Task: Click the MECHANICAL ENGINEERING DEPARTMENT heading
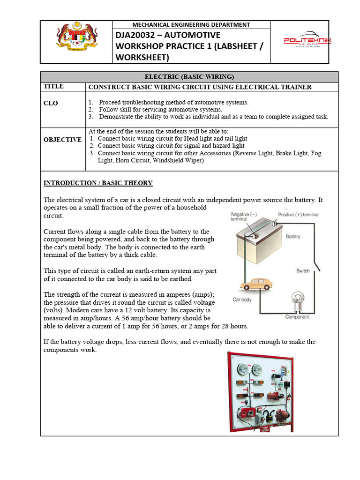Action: point(191,25)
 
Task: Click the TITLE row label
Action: point(53,87)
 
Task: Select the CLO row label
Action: point(51,103)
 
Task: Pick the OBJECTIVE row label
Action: point(62,140)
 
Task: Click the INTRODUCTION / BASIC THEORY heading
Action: point(98,183)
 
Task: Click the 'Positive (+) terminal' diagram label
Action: point(298,215)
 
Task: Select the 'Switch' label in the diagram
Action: point(303,271)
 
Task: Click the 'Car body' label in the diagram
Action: point(242,300)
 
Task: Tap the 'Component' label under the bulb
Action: point(297,317)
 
